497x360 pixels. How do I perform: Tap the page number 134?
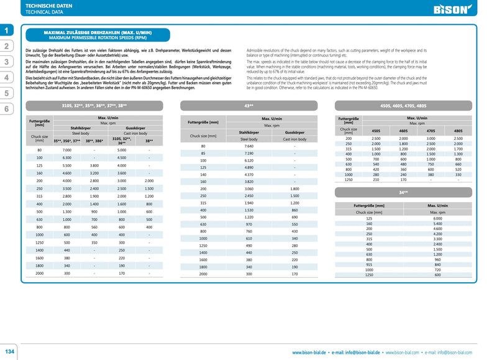(10, 351)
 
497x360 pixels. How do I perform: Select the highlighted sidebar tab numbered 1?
(7, 30)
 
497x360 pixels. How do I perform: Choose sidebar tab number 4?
(7, 78)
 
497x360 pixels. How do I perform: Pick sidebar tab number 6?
(7, 109)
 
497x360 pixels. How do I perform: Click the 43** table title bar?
(248, 106)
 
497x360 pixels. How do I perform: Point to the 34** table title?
(403, 193)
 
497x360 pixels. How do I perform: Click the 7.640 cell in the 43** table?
(248, 146)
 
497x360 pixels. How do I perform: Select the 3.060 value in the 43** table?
(248, 188)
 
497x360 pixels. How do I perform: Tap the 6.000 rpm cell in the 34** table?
(437, 219)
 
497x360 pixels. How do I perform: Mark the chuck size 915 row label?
(369, 264)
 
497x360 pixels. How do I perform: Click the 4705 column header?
(431, 131)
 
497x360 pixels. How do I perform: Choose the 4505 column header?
(376, 131)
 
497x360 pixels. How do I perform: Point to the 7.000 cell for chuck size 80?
(67, 150)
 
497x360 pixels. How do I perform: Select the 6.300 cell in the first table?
(67, 158)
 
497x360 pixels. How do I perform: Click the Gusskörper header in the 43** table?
(294, 132)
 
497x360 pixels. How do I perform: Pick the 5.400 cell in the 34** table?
(437, 224)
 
